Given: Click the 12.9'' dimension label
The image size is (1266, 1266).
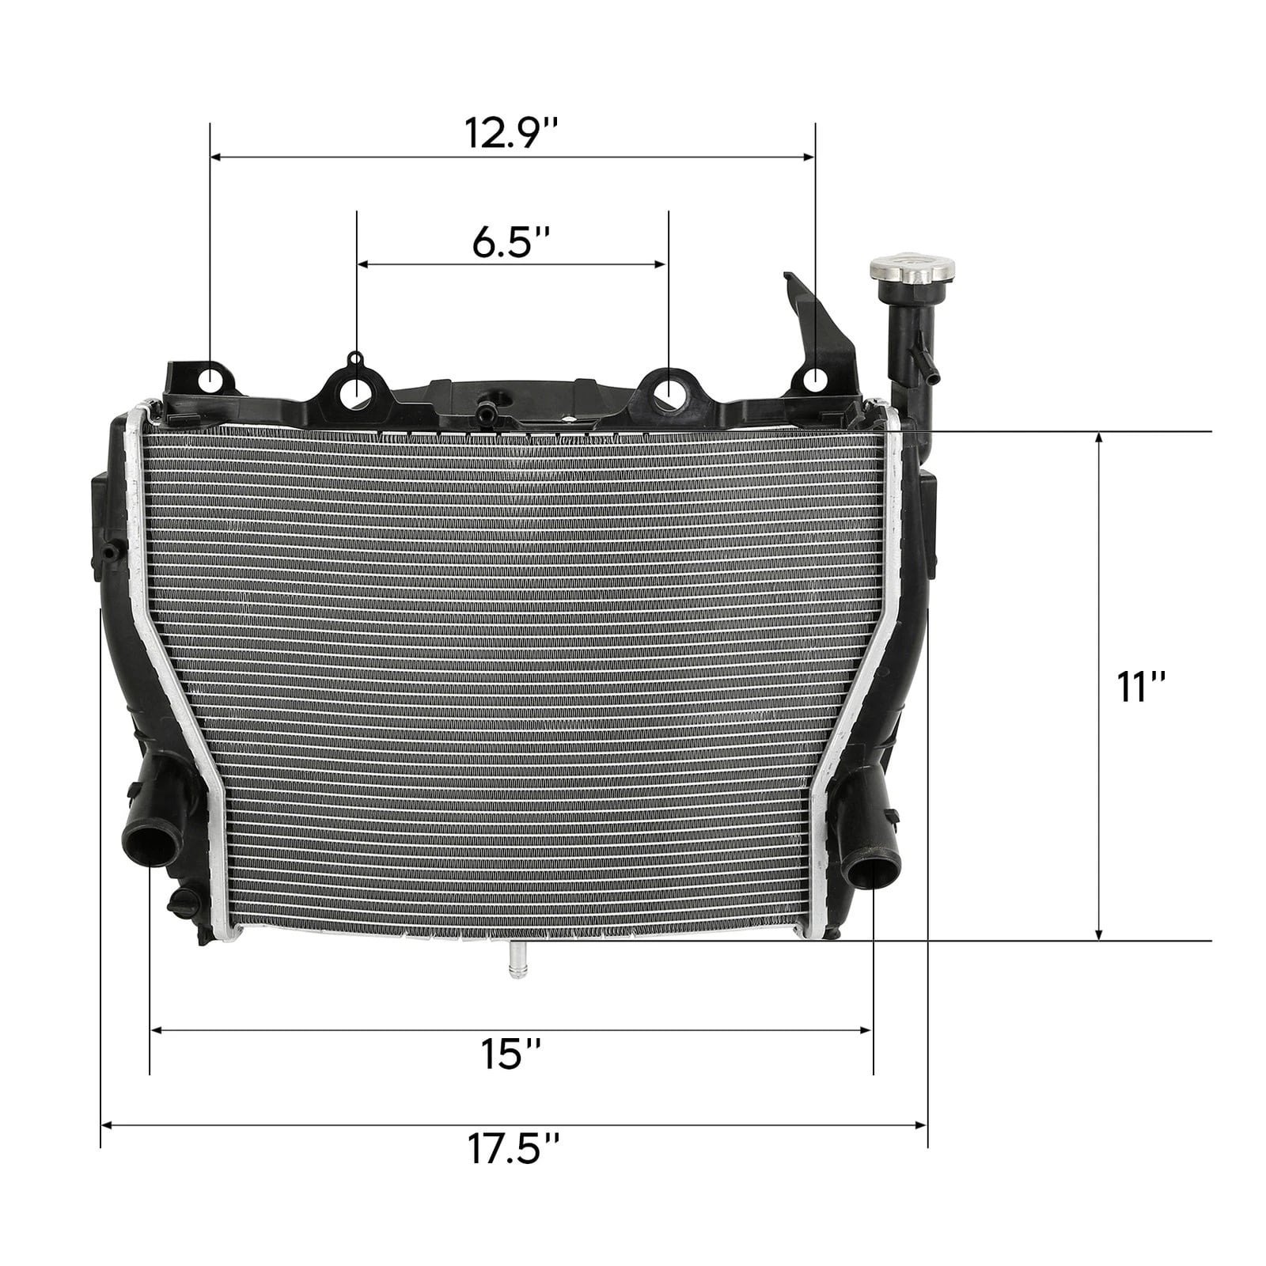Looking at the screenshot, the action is pos(511,134).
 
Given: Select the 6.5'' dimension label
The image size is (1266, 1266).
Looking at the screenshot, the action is pos(511,243).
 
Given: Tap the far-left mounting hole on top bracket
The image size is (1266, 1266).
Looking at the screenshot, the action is pos(210,381).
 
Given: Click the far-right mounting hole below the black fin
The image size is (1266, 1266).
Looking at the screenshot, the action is pos(815,381).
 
